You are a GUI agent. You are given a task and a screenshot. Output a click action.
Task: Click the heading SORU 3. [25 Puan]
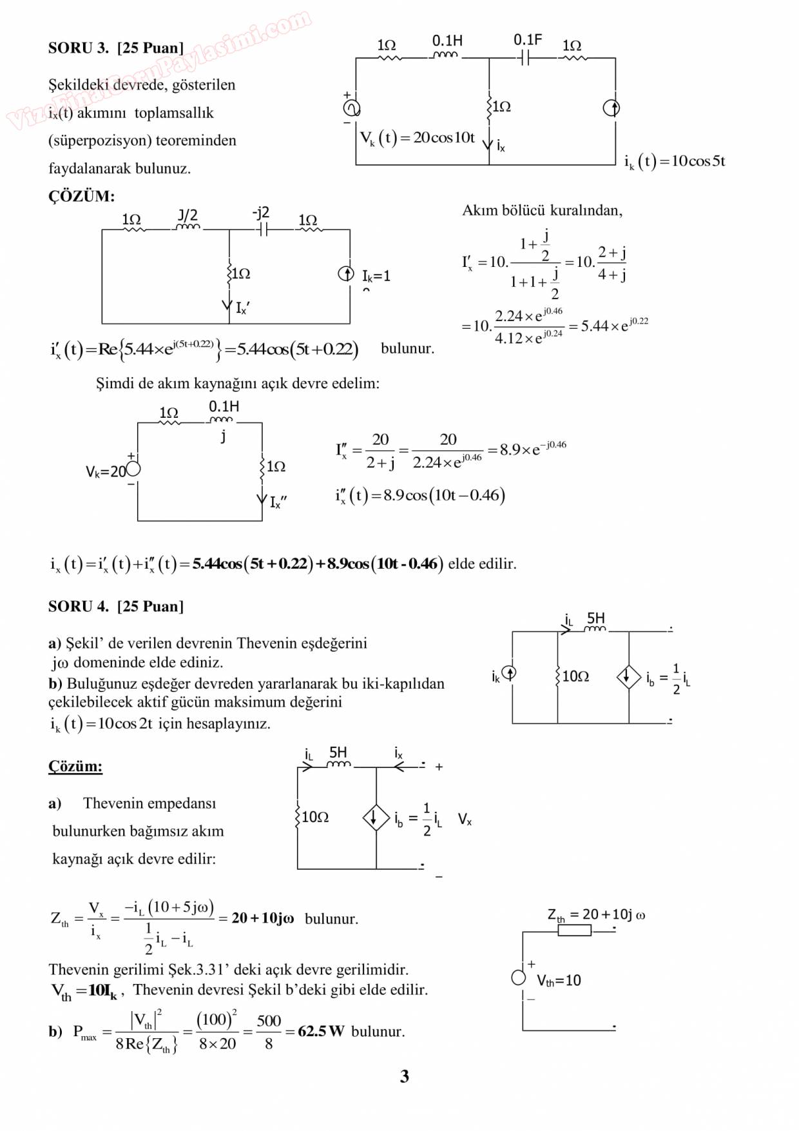point(116,48)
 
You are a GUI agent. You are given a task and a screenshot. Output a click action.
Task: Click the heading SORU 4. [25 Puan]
point(116,606)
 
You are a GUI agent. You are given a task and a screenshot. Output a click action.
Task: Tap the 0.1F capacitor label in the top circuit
point(527,40)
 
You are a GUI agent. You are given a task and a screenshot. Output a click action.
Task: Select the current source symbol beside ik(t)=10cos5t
point(611,108)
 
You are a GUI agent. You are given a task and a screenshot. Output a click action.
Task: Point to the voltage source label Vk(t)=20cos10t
point(418,138)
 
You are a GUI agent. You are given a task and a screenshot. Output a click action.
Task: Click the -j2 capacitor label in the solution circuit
point(261,213)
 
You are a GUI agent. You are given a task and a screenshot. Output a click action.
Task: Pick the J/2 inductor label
point(188,216)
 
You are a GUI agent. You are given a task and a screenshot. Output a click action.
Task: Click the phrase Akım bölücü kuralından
point(542,210)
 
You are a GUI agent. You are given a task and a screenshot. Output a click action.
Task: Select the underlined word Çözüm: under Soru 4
point(75,766)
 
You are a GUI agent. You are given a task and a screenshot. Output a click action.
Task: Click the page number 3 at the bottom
point(404,1076)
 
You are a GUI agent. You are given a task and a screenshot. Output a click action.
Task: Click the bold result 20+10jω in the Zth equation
point(263,918)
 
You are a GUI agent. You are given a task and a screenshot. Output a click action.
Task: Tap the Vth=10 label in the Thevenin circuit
point(559,980)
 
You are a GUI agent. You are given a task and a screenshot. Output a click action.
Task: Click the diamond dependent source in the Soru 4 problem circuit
point(628,676)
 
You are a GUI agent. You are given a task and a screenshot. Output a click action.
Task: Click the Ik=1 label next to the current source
point(376,276)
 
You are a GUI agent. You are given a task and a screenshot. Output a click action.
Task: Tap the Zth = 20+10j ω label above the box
point(596,914)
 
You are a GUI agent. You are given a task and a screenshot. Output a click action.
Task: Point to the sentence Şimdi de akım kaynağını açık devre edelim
point(238,384)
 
